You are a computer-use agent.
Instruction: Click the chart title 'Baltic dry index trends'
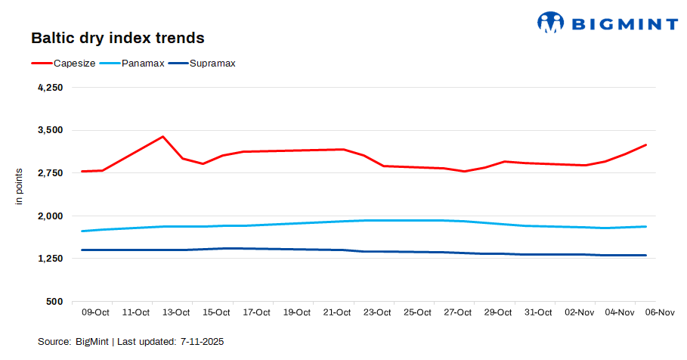point(117,37)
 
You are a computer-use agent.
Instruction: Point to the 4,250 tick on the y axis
point(49,88)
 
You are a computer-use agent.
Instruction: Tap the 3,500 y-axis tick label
point(49,131)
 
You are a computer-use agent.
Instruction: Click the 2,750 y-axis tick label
point(49,173)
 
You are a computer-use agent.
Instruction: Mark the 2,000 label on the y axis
point(49,216)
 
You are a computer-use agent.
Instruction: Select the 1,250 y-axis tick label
point(49,259)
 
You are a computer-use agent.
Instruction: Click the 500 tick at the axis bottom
point(54,302)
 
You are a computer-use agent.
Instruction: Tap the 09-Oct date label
point(95,312)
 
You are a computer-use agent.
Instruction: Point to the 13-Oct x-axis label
point(176,312)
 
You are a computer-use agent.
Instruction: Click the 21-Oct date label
point(337,312)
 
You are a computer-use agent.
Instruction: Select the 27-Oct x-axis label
point(458,312)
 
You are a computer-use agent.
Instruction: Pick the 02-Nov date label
point(579,312)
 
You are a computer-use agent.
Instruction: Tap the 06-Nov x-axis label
point(659,312)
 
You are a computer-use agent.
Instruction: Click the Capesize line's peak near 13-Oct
point(162,137)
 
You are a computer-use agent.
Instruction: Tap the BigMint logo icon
point(550,22)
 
